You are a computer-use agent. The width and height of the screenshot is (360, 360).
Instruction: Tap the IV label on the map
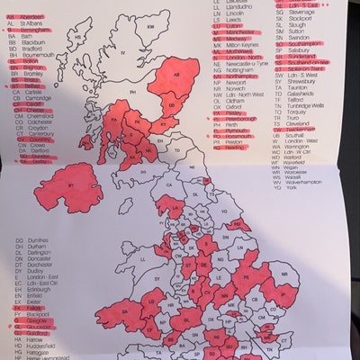click(x=122, y=54)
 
